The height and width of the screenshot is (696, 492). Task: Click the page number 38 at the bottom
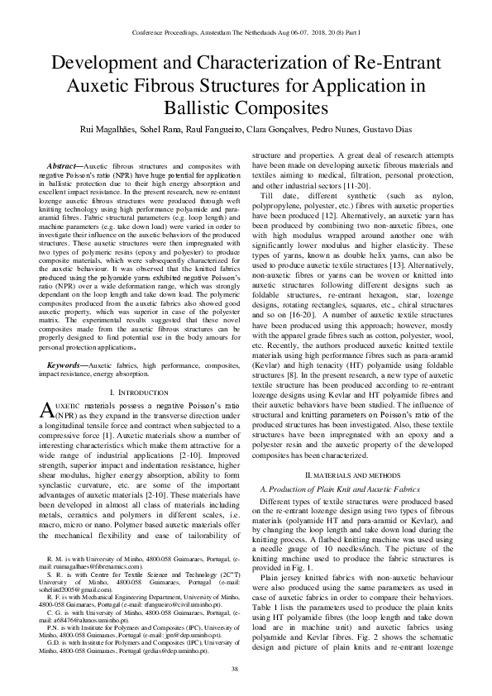(x=246, y=668)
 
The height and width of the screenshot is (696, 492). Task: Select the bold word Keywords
(x=69, y=364)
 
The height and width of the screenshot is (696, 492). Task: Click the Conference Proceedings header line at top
(x=246, y=33)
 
